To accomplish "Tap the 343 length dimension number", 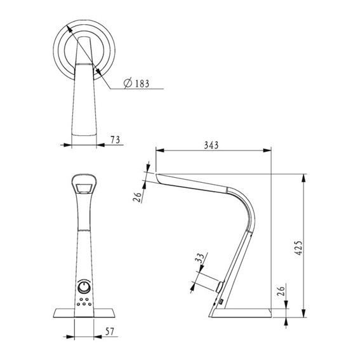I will point(212,145).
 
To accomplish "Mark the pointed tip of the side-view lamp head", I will point(156,173).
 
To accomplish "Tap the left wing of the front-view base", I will point(62,312).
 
